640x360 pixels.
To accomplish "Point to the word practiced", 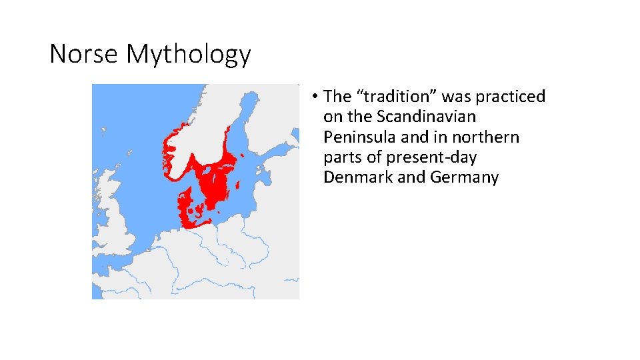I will point(511,97).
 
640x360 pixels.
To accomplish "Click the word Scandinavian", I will point(426,117).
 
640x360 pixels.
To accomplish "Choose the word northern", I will point(485,137).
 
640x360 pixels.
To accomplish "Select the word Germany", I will point(465,177).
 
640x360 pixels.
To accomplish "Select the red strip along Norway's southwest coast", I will point(166,150).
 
